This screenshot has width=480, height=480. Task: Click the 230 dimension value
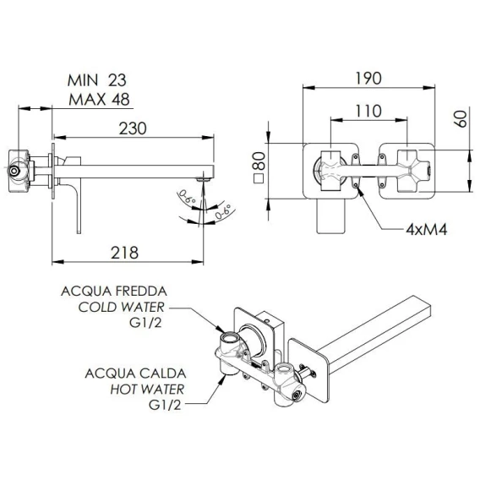(133, 128)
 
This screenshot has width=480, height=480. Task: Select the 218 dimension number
(124, 253)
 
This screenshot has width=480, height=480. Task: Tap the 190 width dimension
(368, 79)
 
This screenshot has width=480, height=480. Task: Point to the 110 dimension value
(368, 111)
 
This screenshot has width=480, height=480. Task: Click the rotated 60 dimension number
(461, 119)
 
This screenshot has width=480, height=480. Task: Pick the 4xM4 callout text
(427, 229)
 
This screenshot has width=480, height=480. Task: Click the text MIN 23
(96, 80)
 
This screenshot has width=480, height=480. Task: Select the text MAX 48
(99, 100)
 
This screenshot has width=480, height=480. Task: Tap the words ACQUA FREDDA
(114, 291)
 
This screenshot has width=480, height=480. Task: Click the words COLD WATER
(121, 307)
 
